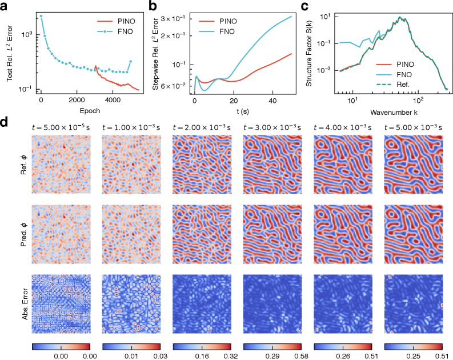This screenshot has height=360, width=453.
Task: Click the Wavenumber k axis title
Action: point(394,112)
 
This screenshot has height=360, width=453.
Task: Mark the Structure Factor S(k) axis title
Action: point(309,54)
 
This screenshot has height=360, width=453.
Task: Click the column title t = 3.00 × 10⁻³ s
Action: point(272,127)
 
